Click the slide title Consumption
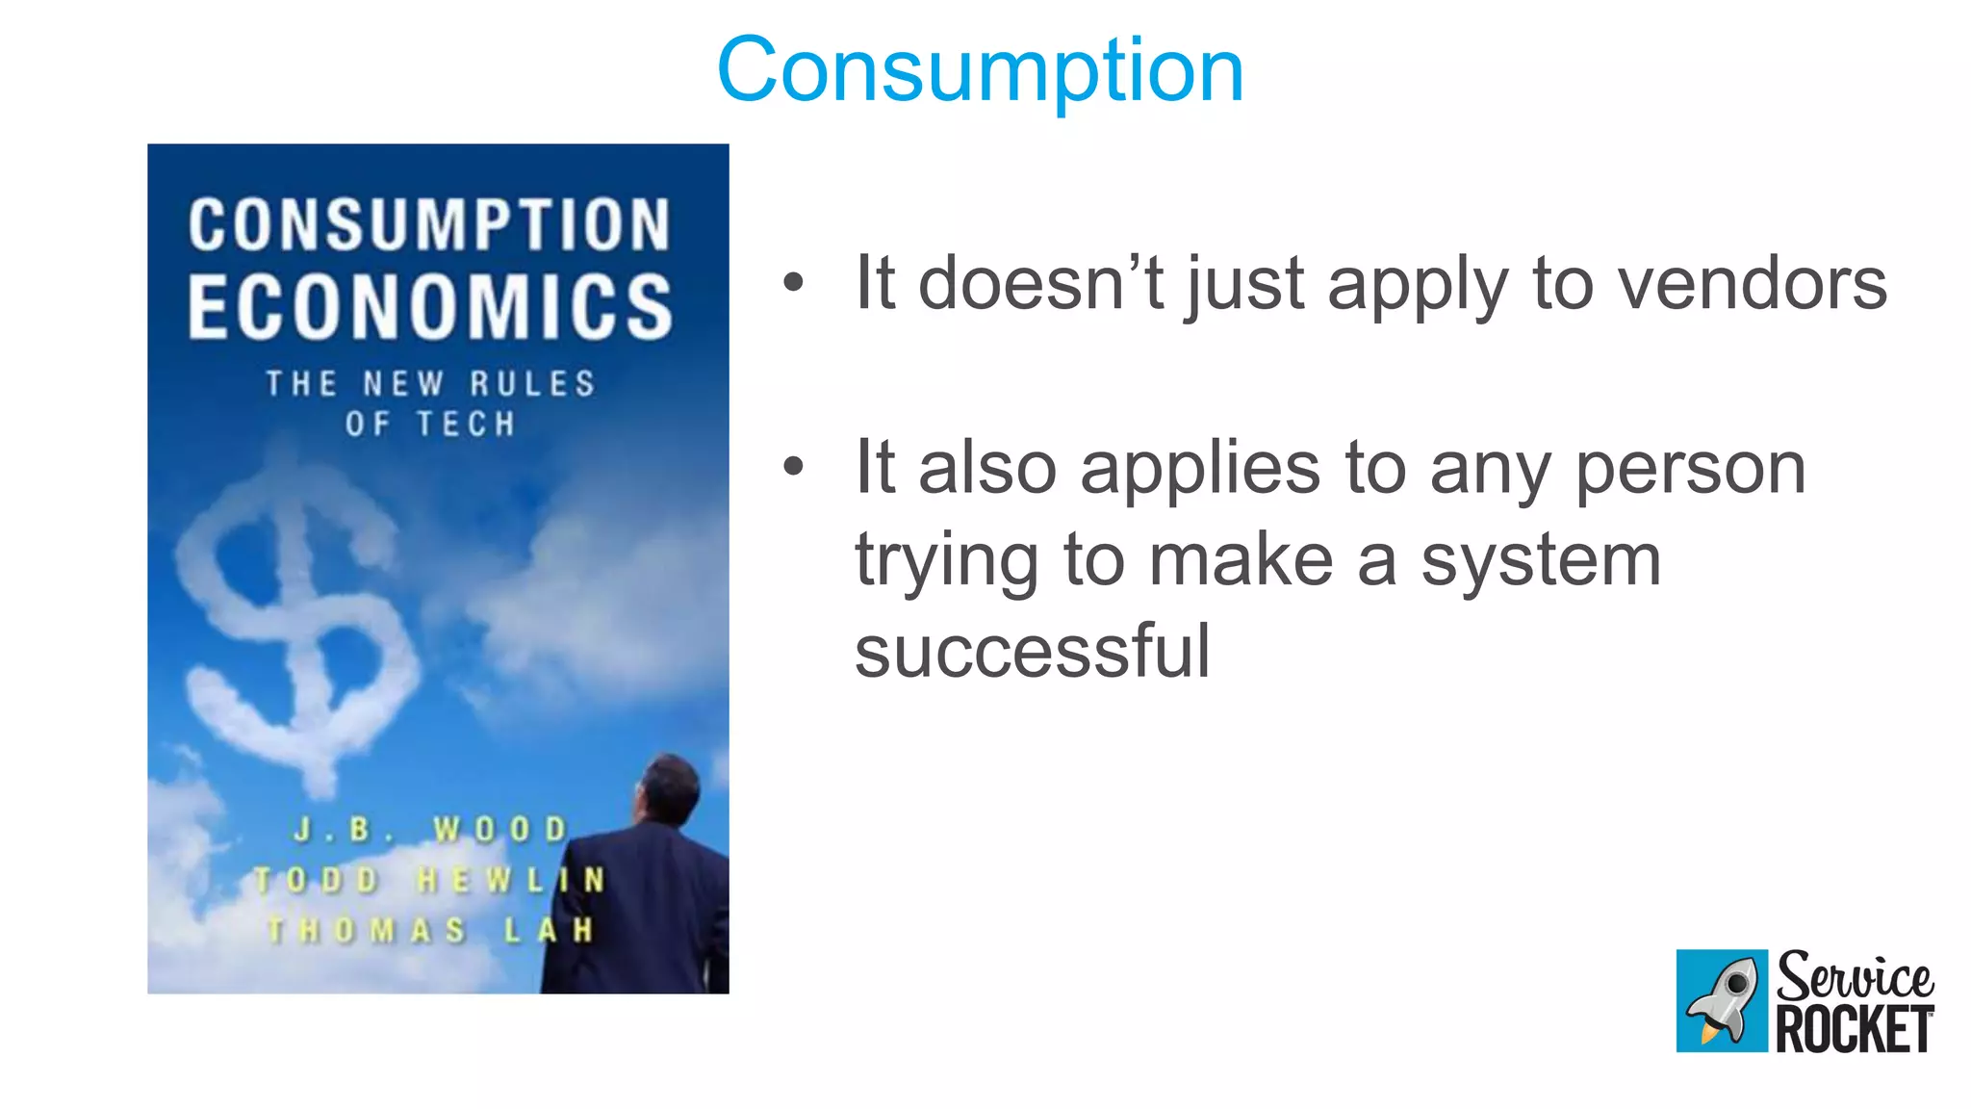[980, 69]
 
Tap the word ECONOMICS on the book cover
[430, 306]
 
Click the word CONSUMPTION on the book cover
[429, 225]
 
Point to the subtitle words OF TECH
[430, 424]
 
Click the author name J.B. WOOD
[430, 829]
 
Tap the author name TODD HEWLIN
[429, 880]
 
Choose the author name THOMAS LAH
[430, 930]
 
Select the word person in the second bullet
[1690, 469]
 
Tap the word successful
[1032, 652]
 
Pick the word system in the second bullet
[1541, 560]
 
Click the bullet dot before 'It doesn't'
[793, 283]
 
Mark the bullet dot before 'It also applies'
[793, 468]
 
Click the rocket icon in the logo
[1722, 1001]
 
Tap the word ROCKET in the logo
[1855, 1030]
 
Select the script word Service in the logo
[1855, 977]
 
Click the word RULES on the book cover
[532, 383]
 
